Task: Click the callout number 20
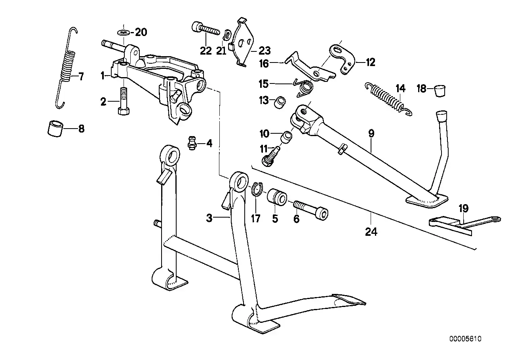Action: [141, 32]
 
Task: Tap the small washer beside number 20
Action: [123, 31]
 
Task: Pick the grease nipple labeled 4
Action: [192, 143]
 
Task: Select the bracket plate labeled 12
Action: [343, 58]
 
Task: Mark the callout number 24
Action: [371, 231]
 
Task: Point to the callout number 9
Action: [371, 134]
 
